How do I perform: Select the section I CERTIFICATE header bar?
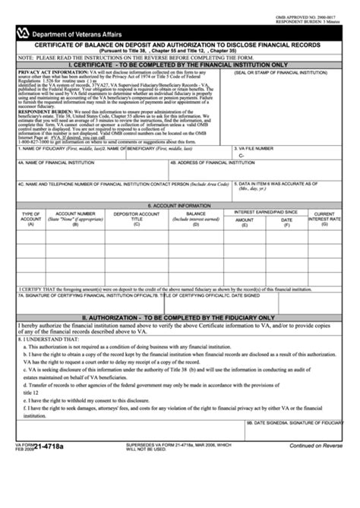click(180, 66)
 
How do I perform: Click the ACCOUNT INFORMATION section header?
click(179, 205)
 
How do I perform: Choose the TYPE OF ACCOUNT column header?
click(31, 219)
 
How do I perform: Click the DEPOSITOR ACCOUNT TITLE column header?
click(137, 219)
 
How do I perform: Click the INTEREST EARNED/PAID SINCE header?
click(265, 212)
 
